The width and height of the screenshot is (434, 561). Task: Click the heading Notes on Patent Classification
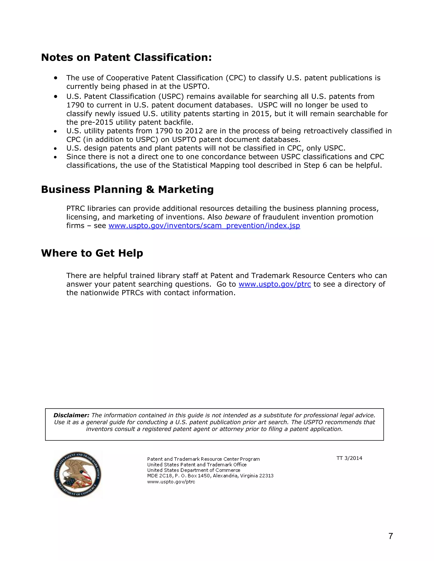click(126, 57)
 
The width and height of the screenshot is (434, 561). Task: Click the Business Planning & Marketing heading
click(127, 189)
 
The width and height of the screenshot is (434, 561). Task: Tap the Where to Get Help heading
click(92, 253)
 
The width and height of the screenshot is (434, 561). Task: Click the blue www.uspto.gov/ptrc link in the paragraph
click(275, 284)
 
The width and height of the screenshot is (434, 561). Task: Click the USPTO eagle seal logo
click(78, 474)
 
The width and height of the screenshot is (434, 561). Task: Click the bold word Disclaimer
click(71, 415)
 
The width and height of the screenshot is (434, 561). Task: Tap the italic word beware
click(237, 217)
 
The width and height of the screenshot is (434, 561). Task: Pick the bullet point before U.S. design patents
click(55, 148)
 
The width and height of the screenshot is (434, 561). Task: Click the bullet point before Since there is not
click(55, 157)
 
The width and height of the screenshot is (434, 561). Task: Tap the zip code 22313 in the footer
click(266, 476)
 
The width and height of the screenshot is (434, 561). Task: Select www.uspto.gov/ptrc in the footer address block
click(171, 482)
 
